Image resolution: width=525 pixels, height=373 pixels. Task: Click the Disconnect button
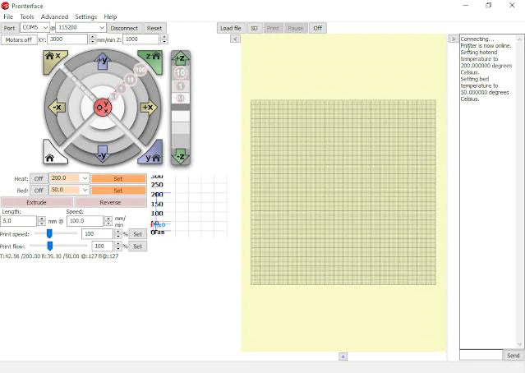click(x=125, y=28)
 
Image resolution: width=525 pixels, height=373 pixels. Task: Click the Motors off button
click(x=18, y=39)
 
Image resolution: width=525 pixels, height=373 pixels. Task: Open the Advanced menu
click(x=55, y=16)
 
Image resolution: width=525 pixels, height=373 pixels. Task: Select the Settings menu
click(x=85, y=16)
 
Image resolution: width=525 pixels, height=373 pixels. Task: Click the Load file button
click(x=231, y=28)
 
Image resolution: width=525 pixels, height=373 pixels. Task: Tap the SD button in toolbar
click(x=254, y=28)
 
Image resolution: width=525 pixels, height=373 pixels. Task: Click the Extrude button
click(x=37, y=202)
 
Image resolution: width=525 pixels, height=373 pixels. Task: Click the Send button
click(x=513, y=356)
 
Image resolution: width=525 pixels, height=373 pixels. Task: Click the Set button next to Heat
click(x=117, y=178)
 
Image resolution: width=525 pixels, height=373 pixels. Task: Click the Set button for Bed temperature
click(x=117, y=190)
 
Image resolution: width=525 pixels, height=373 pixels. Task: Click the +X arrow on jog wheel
click(x=148, y=108)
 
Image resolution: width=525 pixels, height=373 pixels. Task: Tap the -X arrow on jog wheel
click(x=57, y=108)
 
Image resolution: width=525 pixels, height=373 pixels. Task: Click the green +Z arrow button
click(x=180, y=58)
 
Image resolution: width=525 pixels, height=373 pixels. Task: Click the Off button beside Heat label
click(x=39, y=178)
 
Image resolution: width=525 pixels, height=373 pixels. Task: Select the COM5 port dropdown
click(x=35, y=28)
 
